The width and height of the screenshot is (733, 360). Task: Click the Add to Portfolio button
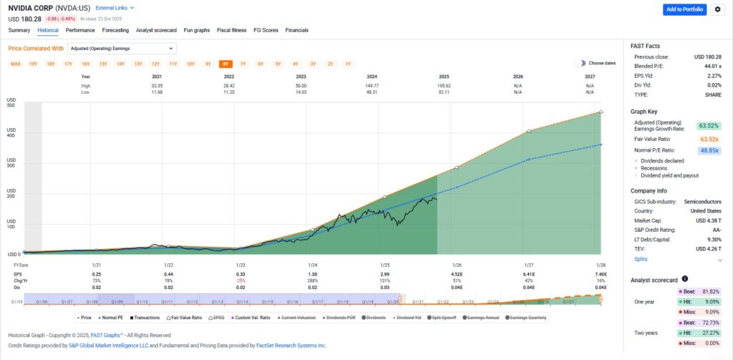(x=684, y=9)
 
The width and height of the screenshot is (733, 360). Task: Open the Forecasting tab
(x=115, y=30)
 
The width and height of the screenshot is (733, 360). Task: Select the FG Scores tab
(x=265, y=30)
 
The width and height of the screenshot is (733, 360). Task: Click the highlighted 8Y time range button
(x=225, y=64)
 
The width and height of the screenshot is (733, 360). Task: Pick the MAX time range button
(x=15, y=64)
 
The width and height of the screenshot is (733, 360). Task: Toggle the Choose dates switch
(x=580, y=63)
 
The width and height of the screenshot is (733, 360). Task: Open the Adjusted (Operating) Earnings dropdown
(x=122, y=49)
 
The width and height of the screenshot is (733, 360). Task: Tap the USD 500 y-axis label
(x=11, y=105)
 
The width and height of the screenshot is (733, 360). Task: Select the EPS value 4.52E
(x=456, y=274)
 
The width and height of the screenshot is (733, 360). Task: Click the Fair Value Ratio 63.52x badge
(x=709, y=139)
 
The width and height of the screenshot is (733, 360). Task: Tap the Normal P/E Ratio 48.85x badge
(x=709, y=150)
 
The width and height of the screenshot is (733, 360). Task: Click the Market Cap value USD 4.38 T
(x=707, y=220)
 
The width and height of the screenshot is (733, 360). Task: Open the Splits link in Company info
(x=641, y=258)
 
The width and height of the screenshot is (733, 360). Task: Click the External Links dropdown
(x=115, y=7)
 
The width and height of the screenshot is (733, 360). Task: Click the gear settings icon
(x=717, y=9)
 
